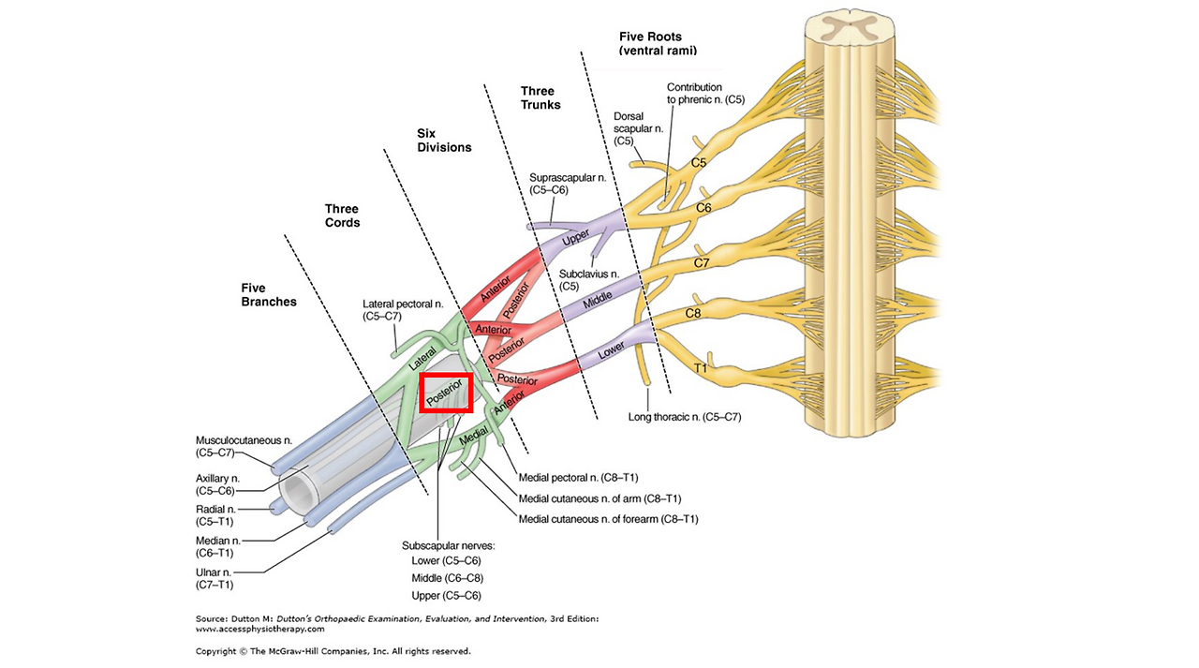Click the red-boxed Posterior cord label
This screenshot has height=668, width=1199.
(446, 392)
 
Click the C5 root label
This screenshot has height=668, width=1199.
(699, 163)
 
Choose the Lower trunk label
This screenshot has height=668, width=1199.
(611, 350)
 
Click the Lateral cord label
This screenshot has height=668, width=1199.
(422, 359)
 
